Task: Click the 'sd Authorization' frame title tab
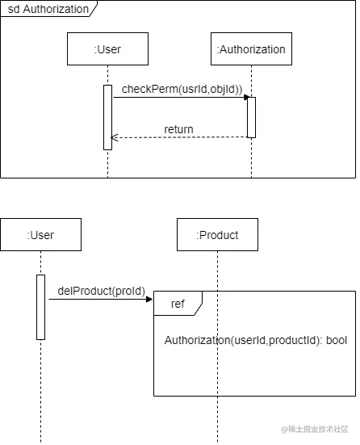(x=48, y=9)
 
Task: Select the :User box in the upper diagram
(x=107, y=48)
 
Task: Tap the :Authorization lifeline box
(x=251, y=48)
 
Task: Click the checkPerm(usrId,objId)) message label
(x=182, y=89)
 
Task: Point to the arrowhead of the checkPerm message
(x=246, y=98)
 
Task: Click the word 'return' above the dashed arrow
(x=178, y=129)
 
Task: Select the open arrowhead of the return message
(x=114, y=137)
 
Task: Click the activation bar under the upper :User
(x=107, y=117)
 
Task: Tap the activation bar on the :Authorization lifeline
(x=251, y=117)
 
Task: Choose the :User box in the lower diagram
(x=40, y=235)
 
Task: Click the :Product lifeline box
(x=217, y=235)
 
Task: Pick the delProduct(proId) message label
(x=101, y=291)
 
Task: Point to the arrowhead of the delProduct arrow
(x=149, y=299)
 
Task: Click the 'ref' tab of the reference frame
(x=178, y=304)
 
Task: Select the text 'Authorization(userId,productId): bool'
(x=256, y=340)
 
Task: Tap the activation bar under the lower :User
(x=40, y=307)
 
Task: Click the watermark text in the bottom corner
(x=314, y=429)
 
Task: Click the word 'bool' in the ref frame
(x=337, y=340)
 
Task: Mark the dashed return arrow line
(x=179, y=137)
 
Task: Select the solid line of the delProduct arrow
(x=98, y=299)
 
